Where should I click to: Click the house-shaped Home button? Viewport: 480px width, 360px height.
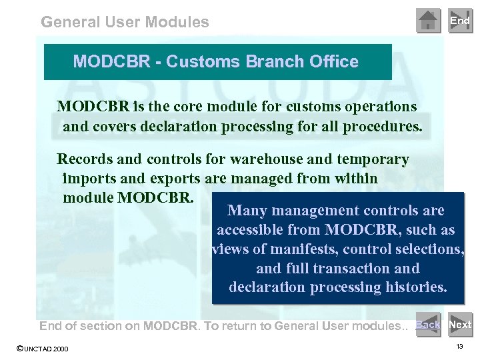[428, 21]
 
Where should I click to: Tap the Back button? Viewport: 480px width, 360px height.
[428, 325]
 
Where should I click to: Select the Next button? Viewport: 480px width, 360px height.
[460, 325]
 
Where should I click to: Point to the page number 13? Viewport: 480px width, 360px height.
[460, 347]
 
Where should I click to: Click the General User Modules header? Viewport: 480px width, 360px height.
[125, 22]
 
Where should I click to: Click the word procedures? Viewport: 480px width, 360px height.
[385, 126]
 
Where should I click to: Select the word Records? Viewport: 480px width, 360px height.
[85, 159]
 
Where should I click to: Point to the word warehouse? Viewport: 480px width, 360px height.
[262, 159]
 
